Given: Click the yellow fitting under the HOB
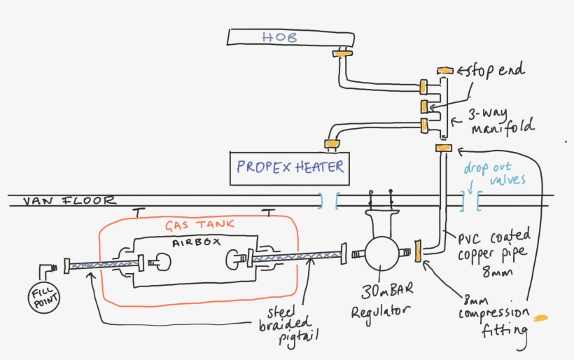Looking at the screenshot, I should pyautogui.click(x=342, y=53).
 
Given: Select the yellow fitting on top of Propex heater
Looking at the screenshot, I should pyautogui.click(x=331, y=144).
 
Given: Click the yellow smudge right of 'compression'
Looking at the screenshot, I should pyautogui.click(x=540, y=319).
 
